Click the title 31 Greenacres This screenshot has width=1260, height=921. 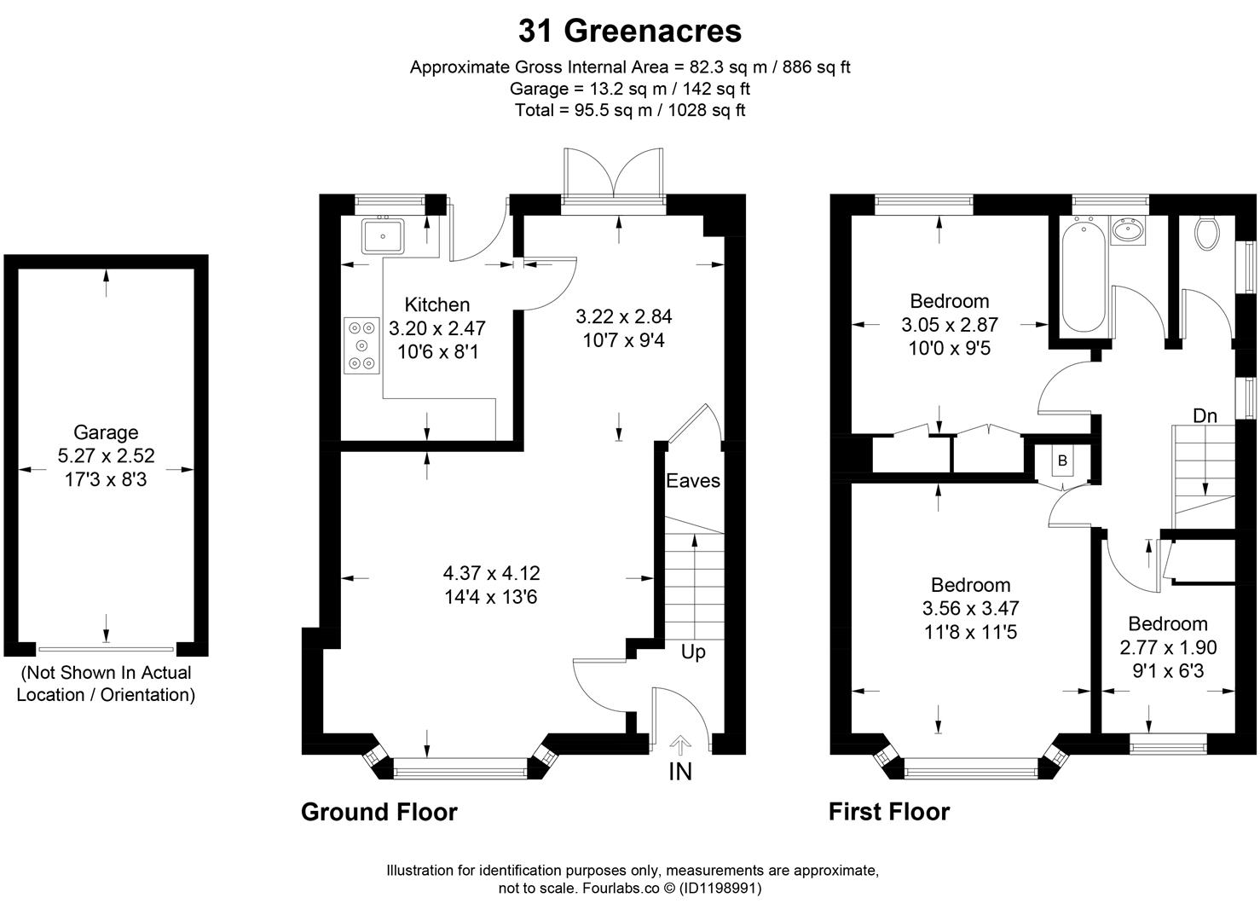(x=630, y=32)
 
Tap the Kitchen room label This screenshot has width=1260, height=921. (x=436, y=304)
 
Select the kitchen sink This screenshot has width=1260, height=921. (x=384, y=235)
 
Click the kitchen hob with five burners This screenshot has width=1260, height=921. (x=362, y=345)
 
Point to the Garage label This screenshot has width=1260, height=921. (x=105, y=432)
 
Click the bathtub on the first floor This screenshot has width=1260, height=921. (x=1083, y=275)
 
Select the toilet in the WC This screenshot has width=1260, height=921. (x=1207, y=233)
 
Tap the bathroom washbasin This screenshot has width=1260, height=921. (x=1130, y=229)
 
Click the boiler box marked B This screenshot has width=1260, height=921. (x=1062, y=461)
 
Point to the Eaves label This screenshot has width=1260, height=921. (x=692, y=481)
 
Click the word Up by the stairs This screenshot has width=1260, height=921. (x=693, y=652)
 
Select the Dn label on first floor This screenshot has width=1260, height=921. (x=1204, y=416)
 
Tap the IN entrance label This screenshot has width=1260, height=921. (x=680, y=771)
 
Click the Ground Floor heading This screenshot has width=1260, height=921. (x=379, y=812)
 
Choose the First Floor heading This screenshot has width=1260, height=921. (x=888, y=812)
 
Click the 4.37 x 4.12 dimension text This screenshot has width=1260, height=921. (x=491, y=574)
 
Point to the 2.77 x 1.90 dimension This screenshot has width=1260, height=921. (x=1168, y=647)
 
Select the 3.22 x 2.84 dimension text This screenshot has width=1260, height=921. (x=623, y=317)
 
